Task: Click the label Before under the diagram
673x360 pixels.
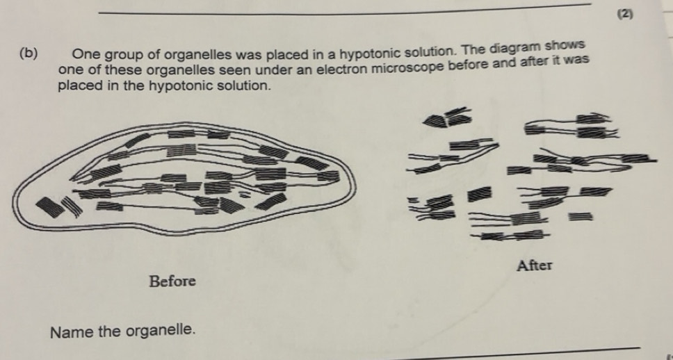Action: coord(172,281)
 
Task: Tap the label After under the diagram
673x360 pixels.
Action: coord(534,265)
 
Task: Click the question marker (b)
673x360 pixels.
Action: coord(29,53)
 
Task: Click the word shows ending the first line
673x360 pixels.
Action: coord(565,45)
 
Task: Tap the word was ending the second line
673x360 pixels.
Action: coord(577,61)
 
